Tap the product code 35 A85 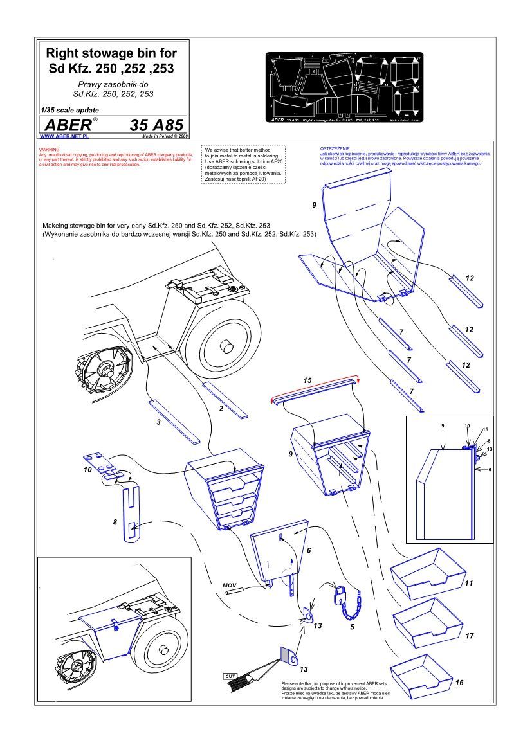click(156, 124)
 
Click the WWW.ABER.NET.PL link click(64, 137)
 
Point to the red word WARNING click(50, 149)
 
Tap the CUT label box click(230, 676)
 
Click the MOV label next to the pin click(230, 586)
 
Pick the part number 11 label click(468, 583)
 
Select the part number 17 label click(469, 636)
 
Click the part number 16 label click(459, 682)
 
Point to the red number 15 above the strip click(307, 381)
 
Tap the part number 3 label click(158, 422)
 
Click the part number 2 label click(221, 408)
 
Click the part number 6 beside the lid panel click(309, 551)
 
